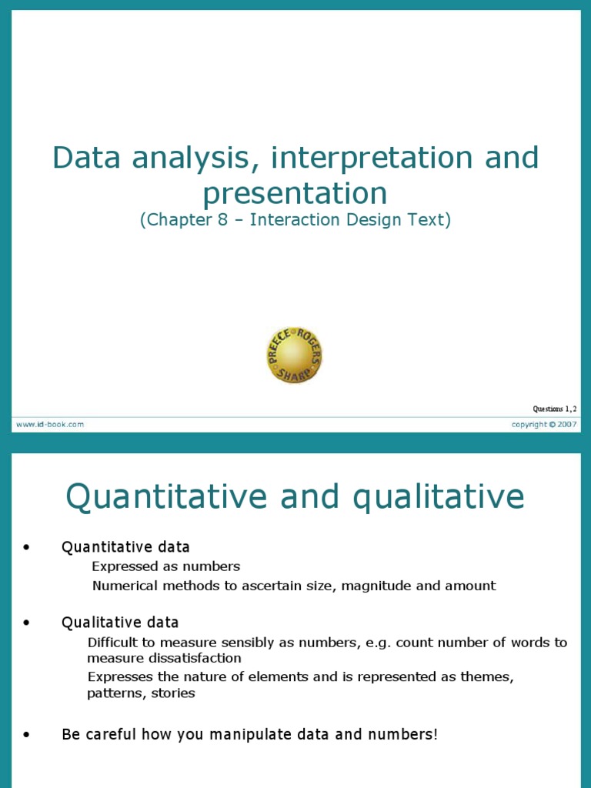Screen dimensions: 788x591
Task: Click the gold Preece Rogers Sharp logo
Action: [295, 356]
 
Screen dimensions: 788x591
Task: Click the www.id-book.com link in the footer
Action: [48, 424]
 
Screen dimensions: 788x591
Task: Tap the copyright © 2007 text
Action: [545, 424]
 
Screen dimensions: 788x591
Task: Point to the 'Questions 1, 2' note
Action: [554, 409]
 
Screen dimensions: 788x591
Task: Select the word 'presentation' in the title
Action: [295, 194]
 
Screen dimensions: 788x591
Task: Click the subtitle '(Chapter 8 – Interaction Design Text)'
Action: [295, 220]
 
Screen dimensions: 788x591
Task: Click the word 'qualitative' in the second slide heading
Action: [439, 497]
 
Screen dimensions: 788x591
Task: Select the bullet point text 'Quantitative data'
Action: [125, 547]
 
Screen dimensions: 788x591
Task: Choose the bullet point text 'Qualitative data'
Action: [120, 622]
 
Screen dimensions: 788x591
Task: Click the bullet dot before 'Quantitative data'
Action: [27, 548]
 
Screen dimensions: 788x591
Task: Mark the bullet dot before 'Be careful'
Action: [27, 735]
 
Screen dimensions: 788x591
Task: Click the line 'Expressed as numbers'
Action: [166, 566]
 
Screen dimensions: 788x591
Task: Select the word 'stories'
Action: [175, 693]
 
